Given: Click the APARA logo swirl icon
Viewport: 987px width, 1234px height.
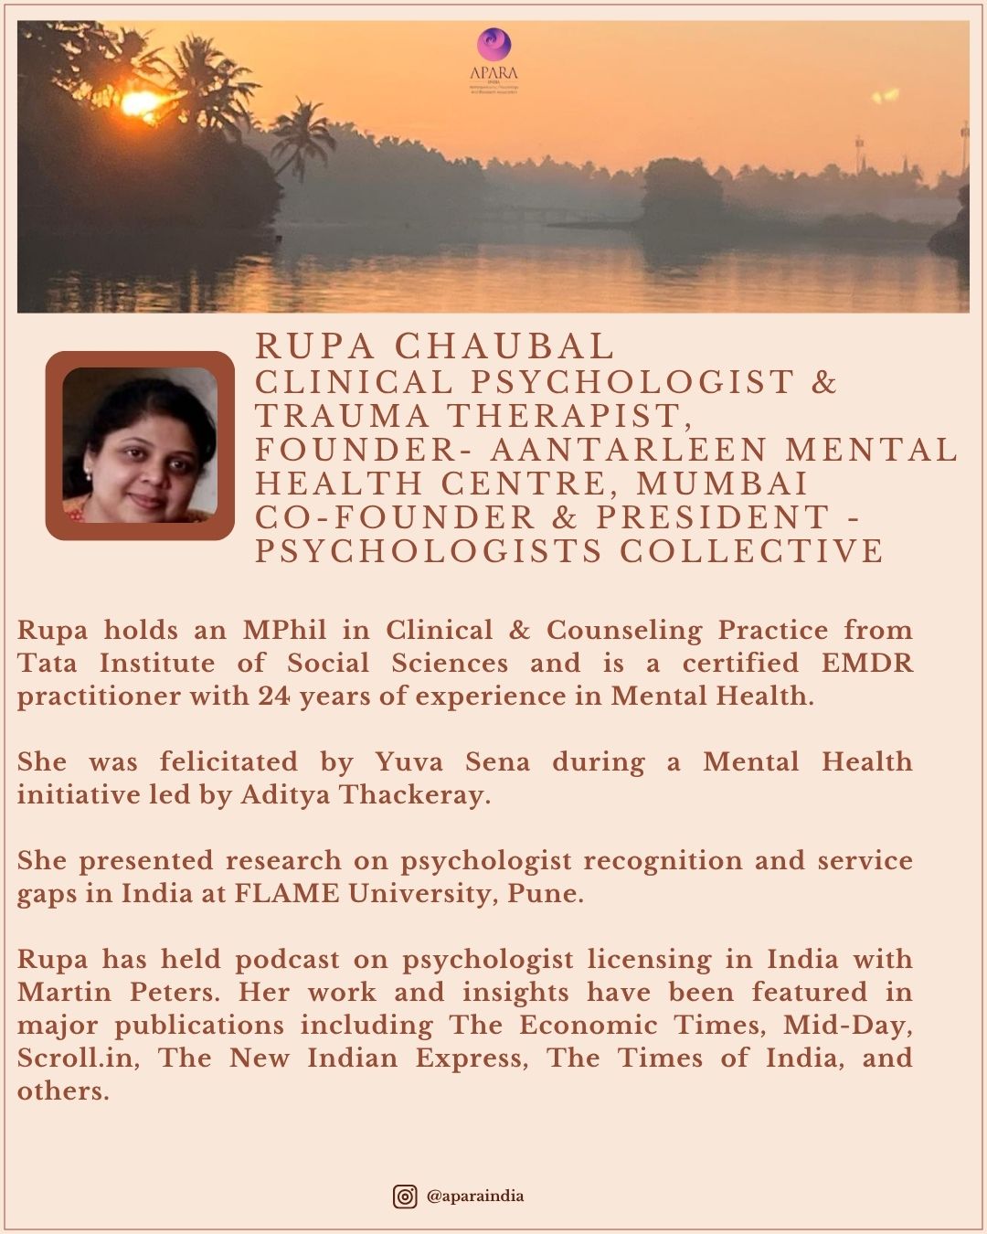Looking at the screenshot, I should click(493, 44).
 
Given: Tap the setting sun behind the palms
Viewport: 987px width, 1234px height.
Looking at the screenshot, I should click(142, 103).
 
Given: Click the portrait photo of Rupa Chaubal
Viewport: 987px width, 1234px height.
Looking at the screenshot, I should click(140, 445).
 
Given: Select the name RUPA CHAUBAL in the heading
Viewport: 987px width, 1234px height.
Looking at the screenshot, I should click(434, 346).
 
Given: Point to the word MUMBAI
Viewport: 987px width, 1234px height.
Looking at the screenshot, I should click(722, 484).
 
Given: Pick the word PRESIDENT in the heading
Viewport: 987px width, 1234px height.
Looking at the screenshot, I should click(713, 517).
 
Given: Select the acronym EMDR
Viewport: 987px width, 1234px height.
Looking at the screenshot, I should click(866, 663).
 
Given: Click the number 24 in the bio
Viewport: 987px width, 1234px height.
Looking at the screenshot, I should click(274, 696).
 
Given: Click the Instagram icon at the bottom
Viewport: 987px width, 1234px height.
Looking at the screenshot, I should click(405, 1196).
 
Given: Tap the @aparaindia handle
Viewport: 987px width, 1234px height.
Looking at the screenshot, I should click(475, 1196).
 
